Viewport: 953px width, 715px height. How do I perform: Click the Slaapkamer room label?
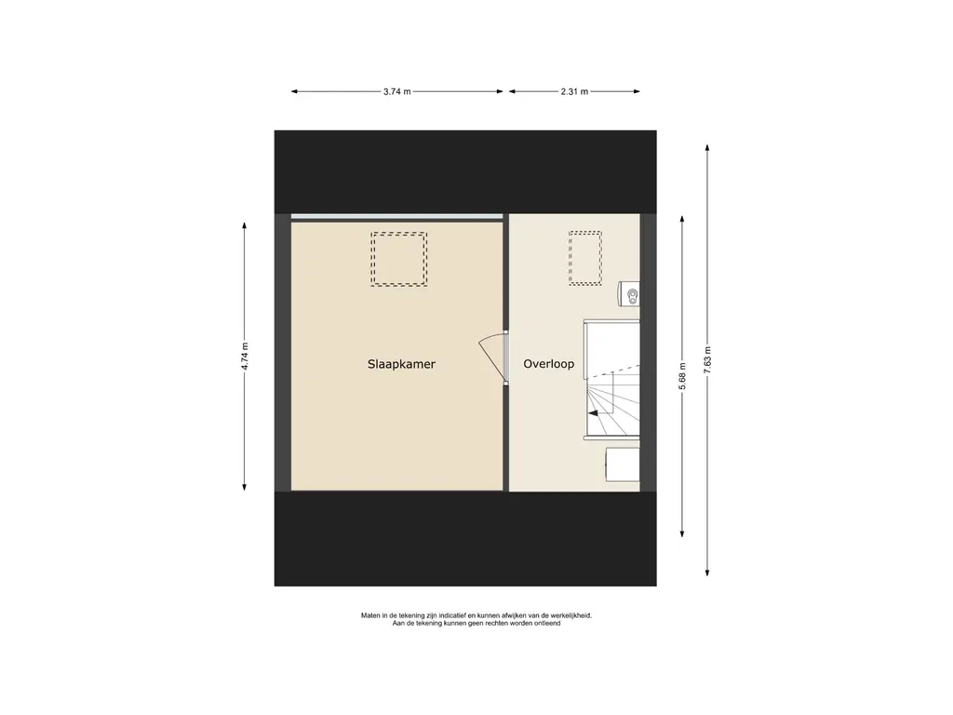[x=401, y=364]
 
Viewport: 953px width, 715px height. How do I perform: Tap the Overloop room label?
[x=549, y=364]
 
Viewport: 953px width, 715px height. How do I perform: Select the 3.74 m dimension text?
[x=396, y=92]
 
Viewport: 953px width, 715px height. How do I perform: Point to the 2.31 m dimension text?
[x=574, y=92]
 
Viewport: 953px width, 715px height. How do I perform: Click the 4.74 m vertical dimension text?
[x=245, y=357]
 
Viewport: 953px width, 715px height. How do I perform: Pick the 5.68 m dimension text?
[x=682, y=376]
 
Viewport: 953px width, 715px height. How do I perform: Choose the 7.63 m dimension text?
[x=707, y=360]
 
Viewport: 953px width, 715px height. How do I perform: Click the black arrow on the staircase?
[x=592, y=412]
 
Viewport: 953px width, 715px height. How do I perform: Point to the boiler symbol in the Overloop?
[x=629, y=294]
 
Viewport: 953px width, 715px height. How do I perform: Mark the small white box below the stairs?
[x=623, y=465]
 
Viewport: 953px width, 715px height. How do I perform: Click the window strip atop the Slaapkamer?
[x=396, y=216]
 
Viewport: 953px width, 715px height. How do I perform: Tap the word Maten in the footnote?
[x=371, y=615]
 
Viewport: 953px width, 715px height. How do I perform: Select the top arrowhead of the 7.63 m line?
[x=707, y=148]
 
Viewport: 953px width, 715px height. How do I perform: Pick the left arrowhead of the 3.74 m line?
[x=295, y=92]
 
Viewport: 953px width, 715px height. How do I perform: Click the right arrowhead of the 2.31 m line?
[x=637, y=92]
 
